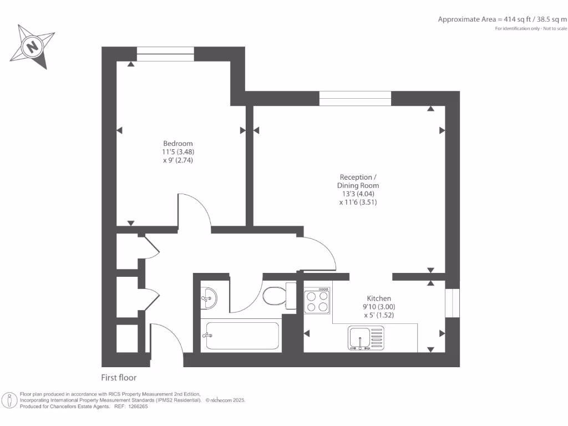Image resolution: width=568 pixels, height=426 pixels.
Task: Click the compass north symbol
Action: point(33,47)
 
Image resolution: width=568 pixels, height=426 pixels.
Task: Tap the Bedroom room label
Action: point(177,144)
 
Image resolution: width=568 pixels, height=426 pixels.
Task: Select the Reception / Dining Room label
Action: point(360,181)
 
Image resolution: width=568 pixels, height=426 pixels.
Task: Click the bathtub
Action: point(242,336)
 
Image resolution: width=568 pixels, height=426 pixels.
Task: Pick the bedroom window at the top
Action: point(165,54)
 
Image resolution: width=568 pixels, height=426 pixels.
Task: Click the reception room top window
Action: point(355,98)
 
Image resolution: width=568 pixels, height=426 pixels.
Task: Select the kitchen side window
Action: point(453,302)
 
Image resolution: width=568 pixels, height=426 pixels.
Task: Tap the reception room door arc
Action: point(322,252)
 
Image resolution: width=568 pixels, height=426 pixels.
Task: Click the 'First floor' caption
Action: point(119,378)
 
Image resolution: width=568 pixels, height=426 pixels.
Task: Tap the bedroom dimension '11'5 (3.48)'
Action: point(177,152)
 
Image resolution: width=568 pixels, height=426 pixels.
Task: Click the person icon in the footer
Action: point(9,400)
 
